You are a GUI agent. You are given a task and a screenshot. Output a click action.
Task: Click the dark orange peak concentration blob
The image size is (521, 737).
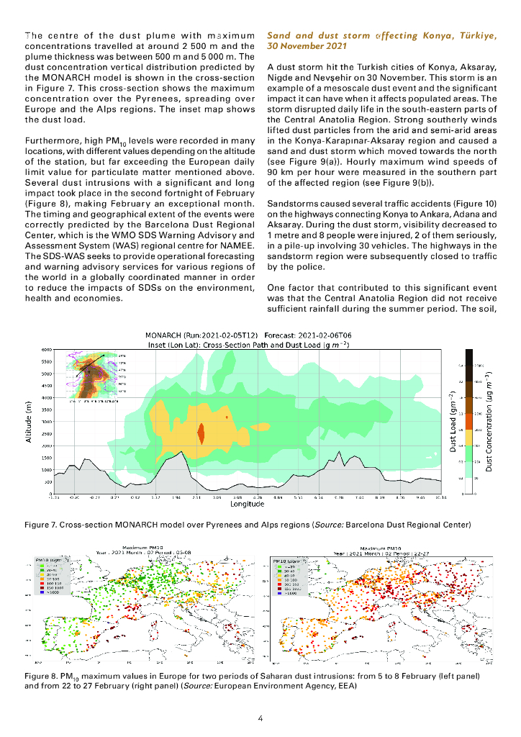pyautogui.click(x=201, y=435)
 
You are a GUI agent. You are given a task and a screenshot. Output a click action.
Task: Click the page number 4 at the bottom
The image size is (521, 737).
pyautogui.click(x=260, y=718)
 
